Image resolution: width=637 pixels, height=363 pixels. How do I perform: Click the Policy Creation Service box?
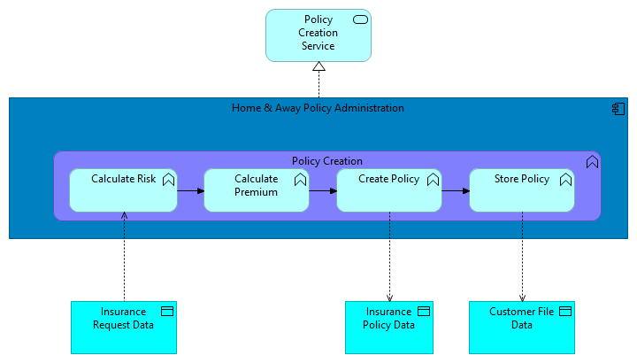coord(318,35)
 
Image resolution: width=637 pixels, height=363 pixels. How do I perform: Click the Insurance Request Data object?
coord(123,327)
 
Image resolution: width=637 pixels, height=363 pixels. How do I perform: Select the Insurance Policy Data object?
coord(388,327)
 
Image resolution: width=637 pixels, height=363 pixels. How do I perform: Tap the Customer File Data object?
coord(521,327)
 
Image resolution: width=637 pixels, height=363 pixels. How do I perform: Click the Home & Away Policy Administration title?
coord(318,108)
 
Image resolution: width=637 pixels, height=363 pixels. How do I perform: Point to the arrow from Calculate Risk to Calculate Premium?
coord(190,190)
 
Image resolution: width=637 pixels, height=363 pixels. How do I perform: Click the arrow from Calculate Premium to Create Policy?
coord(323,190)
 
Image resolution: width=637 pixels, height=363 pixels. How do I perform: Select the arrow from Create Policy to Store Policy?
coord(456,190)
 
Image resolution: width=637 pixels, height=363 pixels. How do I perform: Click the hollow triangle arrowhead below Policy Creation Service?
coord(318,67)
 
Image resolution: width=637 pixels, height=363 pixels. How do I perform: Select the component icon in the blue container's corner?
coord(618,108)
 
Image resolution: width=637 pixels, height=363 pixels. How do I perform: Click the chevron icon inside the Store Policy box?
coord(565,180)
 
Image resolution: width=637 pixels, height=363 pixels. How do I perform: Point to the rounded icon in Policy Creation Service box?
coord(360,19)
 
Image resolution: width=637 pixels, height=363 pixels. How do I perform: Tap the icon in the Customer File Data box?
coord(565,312)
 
